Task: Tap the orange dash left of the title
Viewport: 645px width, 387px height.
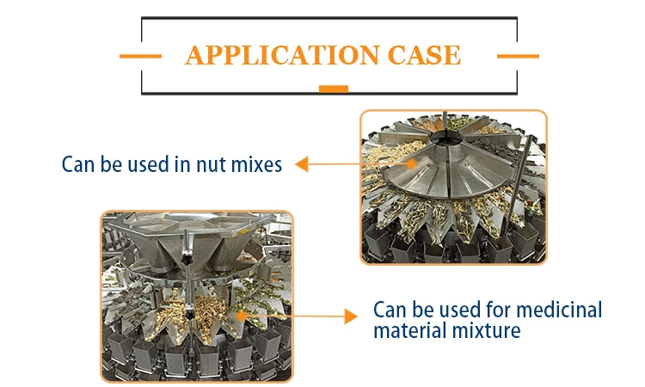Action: pyautogui.click(x=140, y=56)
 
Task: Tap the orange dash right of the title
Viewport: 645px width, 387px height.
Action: pyautogui.click(x=518, y=56)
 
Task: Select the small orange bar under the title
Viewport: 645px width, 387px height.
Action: pyautogui.click(x=333, y=88)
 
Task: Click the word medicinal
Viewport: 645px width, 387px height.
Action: pyautogui.click(x=557, y=310)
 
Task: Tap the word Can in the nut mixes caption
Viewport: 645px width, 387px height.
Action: pyautogui.click(x=79, y=163)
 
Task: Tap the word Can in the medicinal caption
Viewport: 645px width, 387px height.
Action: pyautogui.click(x=390, y=310)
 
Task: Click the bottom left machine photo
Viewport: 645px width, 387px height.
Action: pyautogui.click(x=197, y=296)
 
